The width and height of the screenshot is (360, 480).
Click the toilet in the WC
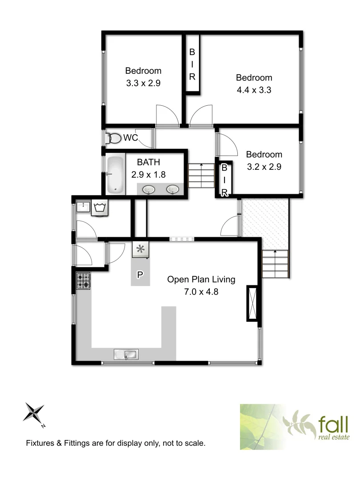[x=115, y=138]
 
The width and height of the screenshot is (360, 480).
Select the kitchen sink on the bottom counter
[x=127, y=354]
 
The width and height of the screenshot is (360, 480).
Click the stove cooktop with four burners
[x=83, y=281]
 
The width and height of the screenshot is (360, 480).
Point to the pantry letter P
[x=140, y=275]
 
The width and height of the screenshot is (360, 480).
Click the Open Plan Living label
[x=201, y=280]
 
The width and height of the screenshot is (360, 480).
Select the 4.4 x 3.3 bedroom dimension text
[x=253, y=90]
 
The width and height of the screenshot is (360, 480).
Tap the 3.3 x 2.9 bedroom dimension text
[x=143, y=83]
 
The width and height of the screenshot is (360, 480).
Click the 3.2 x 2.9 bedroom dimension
[x=264, y=167]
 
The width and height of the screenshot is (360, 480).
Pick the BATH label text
[x=148, y=162]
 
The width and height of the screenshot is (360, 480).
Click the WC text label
[x=131, y=138]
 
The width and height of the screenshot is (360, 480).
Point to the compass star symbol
[x=34, y=413]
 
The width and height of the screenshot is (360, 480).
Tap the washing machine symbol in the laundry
[x=100, y=208]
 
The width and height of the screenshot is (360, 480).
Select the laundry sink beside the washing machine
[x=83, y=207]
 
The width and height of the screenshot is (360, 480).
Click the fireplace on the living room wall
[x=252, y=304]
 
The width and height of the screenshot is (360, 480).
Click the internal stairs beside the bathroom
[x=201, y=176]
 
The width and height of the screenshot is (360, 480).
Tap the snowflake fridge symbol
[x=141, y=249]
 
